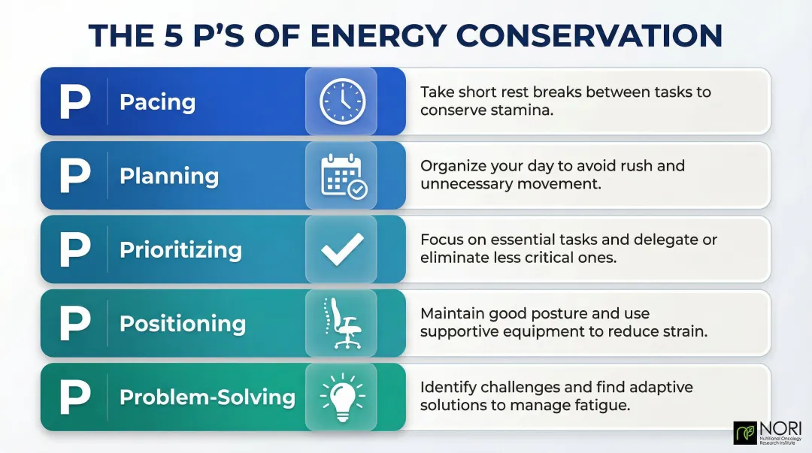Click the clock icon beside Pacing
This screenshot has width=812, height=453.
[x=342, y=101]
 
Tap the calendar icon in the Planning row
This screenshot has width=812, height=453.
[x=343, y=176]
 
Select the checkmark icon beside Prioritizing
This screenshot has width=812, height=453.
[x=342, y=249]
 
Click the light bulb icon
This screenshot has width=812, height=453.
[x=341, y=396]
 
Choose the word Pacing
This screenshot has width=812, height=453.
[x=157, y=102]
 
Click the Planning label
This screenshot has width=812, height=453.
[x=169, y=177]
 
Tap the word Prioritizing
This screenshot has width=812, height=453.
[x=180, y=250]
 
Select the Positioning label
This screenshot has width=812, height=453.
[x=183, y=324]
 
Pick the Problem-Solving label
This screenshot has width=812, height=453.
[x=208, y=397]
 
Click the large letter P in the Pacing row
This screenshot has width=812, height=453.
[x=74, y=102]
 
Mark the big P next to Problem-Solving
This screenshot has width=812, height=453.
[x=74, y=397]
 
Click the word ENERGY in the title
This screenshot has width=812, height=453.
[x=377, y=36]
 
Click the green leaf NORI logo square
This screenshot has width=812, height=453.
[x=744, y=433]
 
